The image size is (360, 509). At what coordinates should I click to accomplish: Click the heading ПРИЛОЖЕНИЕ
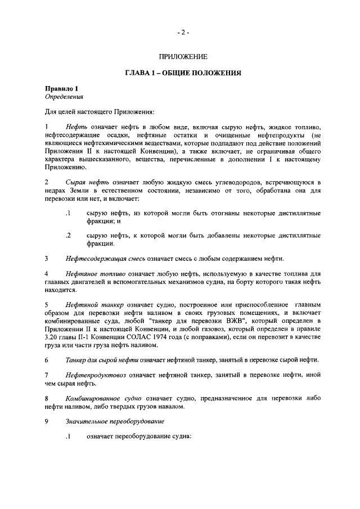pos(183,56)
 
